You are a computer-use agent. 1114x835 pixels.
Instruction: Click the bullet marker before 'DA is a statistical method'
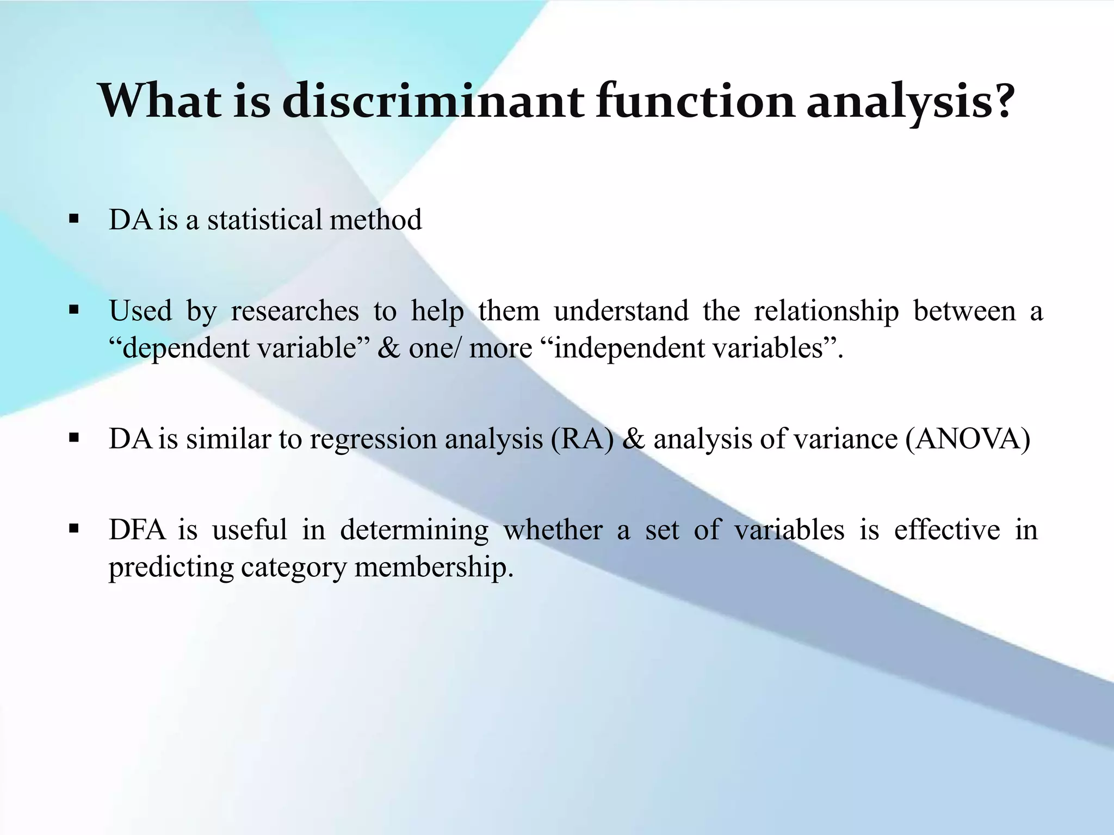click(74, 220)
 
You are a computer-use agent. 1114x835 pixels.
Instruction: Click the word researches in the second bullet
click(294, 311)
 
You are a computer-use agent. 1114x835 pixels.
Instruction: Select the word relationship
click(826, 311)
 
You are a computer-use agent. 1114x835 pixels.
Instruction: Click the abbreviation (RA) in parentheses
click(581, 439)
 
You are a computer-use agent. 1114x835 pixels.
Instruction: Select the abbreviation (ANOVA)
click(968, 439)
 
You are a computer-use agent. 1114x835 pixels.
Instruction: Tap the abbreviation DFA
click(137, 530)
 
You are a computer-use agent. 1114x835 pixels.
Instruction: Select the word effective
click(946, 530)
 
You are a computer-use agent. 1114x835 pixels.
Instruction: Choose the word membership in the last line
click(434, 568)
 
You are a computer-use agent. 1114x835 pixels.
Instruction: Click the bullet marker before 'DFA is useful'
click(74, 528)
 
